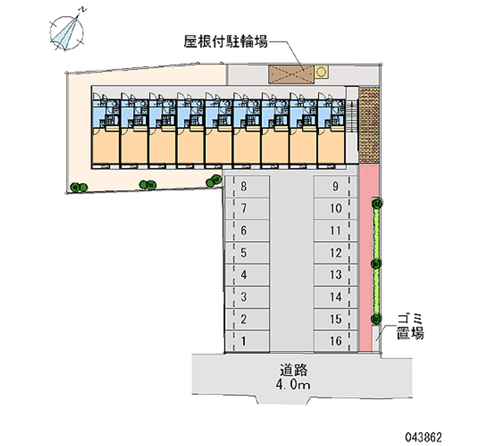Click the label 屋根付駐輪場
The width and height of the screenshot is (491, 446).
pos(225,41)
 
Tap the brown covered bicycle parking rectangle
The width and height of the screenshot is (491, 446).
pos(291,75)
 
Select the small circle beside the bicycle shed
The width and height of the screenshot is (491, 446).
pos(320,72)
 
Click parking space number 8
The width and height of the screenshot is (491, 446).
pos(247,186)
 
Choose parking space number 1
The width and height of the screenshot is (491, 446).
pos(247,341)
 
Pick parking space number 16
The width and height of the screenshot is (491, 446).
pos(336,341)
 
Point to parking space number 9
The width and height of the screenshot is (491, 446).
pos(336,186)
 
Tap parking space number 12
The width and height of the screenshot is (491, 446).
pos(336,253)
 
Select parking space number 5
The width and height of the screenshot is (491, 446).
pos(247,253)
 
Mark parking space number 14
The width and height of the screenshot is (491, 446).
pos(336,297)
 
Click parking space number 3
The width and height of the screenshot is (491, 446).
pos(247,297)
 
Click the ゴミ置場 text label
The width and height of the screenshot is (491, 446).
pos(410,326)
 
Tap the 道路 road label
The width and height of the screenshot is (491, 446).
pos(293,370)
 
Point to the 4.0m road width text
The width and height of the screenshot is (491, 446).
pos(293,384)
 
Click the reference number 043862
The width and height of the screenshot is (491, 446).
pos(423,437)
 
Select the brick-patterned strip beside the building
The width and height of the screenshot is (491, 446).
pos(369,125)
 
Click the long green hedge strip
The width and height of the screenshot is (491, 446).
pos(376,261)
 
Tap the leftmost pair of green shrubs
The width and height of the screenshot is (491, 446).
pos(79,188)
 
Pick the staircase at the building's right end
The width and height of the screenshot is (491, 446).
pos(352,116)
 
